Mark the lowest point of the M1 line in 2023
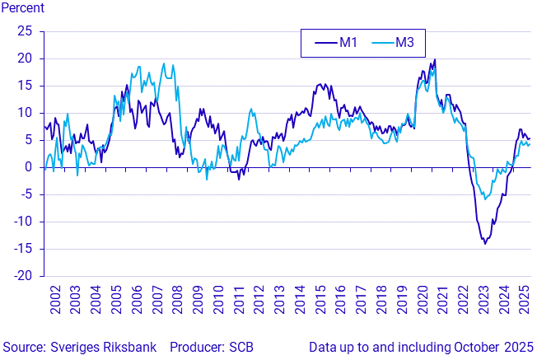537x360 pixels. tap(485, 244)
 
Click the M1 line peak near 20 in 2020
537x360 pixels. tap(435, 59)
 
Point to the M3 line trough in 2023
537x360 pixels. tap(485, 199)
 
